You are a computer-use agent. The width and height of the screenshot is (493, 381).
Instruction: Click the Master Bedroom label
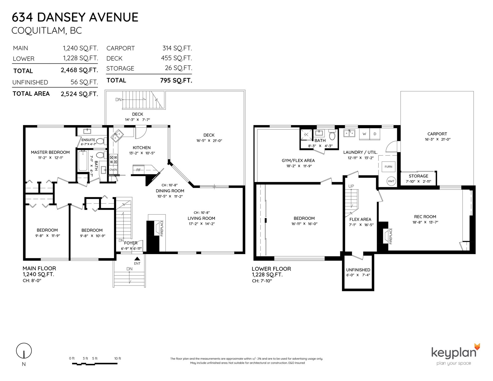pos(50,152)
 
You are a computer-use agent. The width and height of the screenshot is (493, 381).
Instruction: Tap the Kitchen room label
pos(142,148)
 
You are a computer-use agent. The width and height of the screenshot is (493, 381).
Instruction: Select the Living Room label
pos(201,218)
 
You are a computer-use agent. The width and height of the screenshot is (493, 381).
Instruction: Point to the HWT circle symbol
pos(391,181)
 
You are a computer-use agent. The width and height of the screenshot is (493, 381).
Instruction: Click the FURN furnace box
pos(388,167)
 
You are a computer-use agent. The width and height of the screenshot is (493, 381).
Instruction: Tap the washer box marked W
pos(364,134)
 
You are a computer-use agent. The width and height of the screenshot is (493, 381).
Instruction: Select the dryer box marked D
pos(375,134)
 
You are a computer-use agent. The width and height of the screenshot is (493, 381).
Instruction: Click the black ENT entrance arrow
pos(137,259)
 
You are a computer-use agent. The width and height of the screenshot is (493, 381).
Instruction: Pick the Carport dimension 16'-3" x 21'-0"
pos(437,139)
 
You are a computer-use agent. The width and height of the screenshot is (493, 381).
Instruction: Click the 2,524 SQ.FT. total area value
pos(79,94)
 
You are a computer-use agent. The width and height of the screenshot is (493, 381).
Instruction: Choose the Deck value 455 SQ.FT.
pos(176,58)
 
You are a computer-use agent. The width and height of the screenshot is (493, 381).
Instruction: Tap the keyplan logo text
pos(454,353)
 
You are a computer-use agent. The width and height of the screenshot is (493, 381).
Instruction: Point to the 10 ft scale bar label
pos(118,358)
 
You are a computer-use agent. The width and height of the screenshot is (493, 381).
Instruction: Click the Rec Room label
pos(425,217)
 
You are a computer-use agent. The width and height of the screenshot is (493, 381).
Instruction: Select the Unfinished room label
pos(358,270)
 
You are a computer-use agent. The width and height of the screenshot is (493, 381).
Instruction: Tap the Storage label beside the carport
pos(418,176)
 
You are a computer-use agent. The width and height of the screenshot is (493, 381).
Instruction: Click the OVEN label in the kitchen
pos(113,170)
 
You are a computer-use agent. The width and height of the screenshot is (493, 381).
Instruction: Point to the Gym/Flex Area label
pos(298,160)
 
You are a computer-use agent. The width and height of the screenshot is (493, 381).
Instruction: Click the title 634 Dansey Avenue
pos(75,17)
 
